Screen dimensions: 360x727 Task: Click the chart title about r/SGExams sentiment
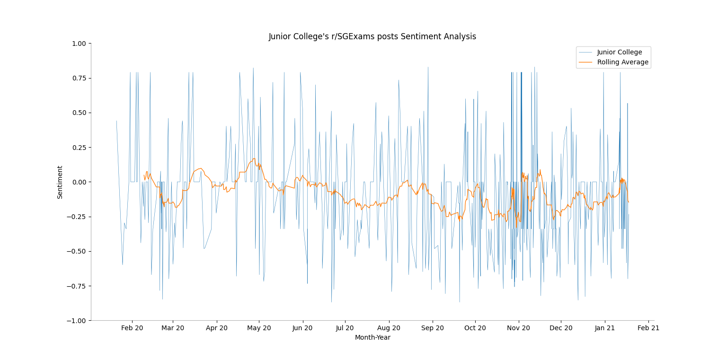click(372, 37)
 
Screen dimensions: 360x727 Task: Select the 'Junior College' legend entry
click(619, 53)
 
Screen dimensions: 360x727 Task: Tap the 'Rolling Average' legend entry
click(622, 62)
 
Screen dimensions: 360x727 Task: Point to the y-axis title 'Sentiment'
click(60, 182)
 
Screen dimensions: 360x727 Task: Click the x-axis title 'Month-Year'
click(372, 338)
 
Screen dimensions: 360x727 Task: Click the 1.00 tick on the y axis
click(79, 44)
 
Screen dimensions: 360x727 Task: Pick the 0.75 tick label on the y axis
click(79, 78)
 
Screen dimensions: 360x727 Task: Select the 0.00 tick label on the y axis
click(79, 182)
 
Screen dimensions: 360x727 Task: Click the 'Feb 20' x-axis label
click(132, 328)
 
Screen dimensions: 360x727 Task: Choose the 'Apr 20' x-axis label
click(217, 328)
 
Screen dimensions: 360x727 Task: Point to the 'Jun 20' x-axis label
click(302, 328)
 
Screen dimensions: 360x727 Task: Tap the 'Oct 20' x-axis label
click(475, 328)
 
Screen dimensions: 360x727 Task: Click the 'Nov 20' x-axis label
click(519, 328)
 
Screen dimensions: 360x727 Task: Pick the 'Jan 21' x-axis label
click(604, 328)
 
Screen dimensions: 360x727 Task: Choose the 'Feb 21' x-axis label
click(648, 328)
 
